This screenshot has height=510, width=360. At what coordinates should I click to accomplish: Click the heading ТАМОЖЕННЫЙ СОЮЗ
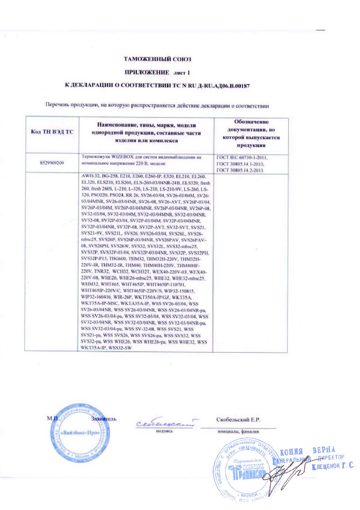(x=157, y=59)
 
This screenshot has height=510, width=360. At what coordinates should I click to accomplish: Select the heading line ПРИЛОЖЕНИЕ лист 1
(x=157, y=71)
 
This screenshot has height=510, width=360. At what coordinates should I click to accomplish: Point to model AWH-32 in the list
(x=90, y=176)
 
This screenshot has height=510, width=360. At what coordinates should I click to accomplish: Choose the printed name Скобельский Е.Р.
(x=238, y=420)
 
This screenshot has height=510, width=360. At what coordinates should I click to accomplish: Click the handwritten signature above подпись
(x=164, y=423)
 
